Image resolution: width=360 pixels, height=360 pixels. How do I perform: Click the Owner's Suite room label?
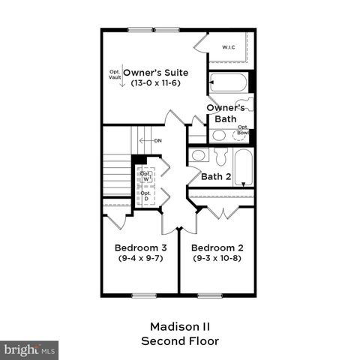tap(155, 72)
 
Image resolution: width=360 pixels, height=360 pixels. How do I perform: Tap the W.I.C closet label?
tap(228, 49)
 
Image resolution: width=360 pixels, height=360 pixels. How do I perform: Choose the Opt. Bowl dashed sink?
tap(242, 136)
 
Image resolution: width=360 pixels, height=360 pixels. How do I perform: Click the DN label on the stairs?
tap(157, 141)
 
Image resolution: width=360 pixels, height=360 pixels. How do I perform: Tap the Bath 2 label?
tap(217, 177)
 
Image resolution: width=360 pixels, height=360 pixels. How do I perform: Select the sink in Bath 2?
tap(199, 156)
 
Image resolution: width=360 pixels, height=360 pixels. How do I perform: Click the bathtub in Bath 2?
tap(243, 166)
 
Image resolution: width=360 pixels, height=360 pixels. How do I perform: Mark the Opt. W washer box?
tap(145, 177)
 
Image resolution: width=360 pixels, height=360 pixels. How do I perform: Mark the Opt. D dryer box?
tap(145, 196)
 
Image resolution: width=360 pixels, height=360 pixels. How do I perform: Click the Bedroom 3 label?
tap(140, 247)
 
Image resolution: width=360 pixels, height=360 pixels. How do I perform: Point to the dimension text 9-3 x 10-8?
tap(217, 258)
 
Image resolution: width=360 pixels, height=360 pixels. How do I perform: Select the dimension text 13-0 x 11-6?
tap(155, 83)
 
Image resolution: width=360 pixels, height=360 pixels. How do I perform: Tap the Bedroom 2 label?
tap(217, 247)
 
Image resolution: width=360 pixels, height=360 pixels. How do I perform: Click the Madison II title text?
tap(181, 327)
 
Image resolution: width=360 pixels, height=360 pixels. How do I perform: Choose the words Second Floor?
tap(181, 341)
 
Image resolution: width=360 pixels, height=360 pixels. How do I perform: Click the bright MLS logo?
tap(30, 349)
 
